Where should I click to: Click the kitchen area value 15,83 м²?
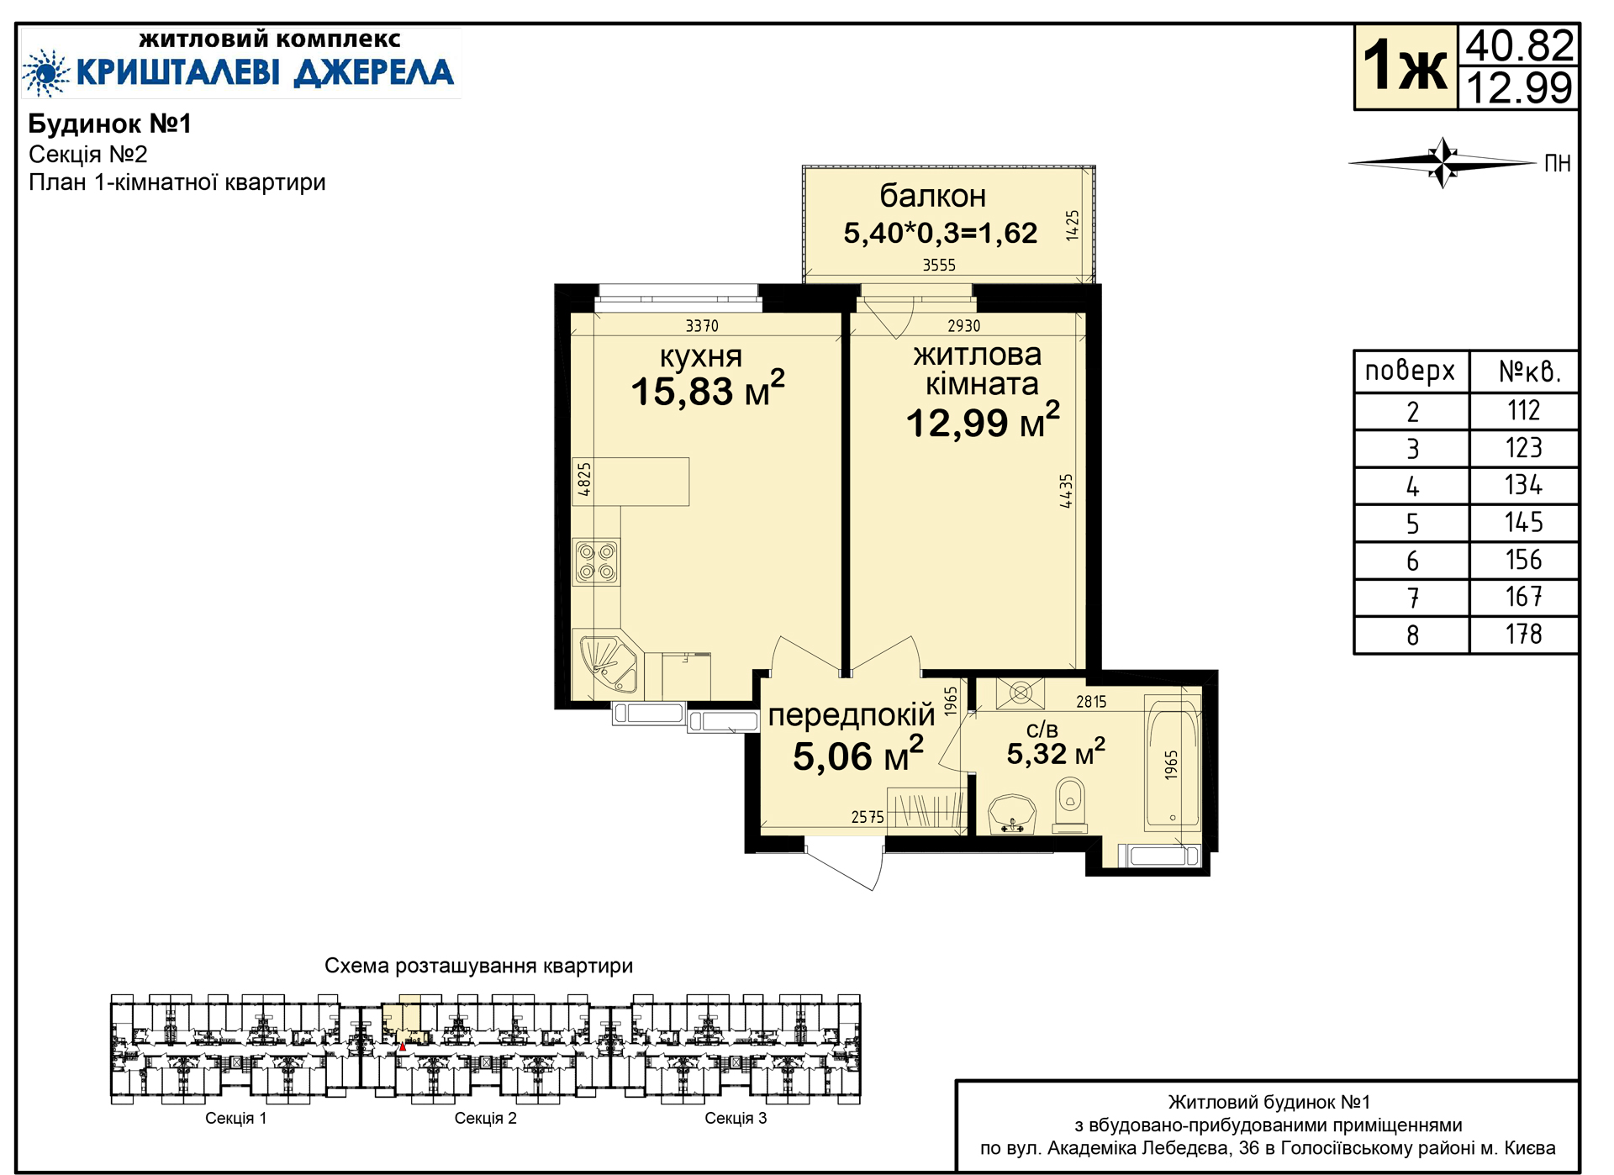coord(708,389)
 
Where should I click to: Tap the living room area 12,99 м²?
coord(983,420)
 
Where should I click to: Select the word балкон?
coord(933,196)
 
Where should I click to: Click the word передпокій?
coord(852,715)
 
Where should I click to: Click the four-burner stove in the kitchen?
coord(597,562)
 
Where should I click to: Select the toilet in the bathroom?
coord(1070,804)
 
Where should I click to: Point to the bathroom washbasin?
coord(1012,814)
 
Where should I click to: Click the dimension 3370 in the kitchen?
coord(702,326)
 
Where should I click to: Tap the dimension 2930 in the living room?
coord(964,326)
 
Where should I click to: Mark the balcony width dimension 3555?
coord(939,266)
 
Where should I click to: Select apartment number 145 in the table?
coord(1523,523)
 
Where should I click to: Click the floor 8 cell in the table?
coord(1412,635)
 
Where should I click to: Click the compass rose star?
coord(1443,162)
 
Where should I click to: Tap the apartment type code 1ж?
coord(1405,66)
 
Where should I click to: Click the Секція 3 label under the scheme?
coord(736,1118)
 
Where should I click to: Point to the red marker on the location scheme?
coord(403,1046)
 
